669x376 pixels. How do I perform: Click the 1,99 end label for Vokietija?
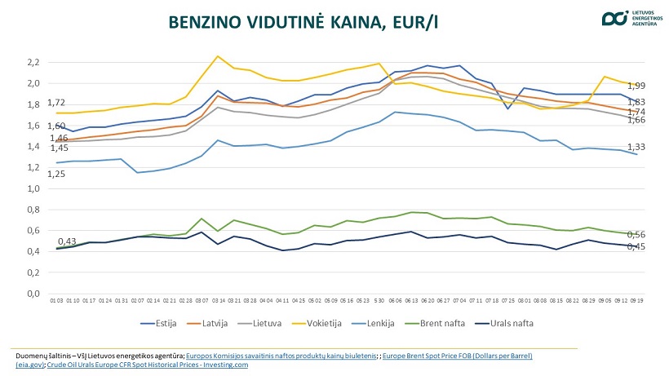click(x=636, y=86)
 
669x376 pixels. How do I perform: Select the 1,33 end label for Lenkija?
click(x=636, y=147)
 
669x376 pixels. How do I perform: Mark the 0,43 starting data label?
click(x=67, y=241)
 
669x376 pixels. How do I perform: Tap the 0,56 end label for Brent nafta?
click(x=636, y=234)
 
